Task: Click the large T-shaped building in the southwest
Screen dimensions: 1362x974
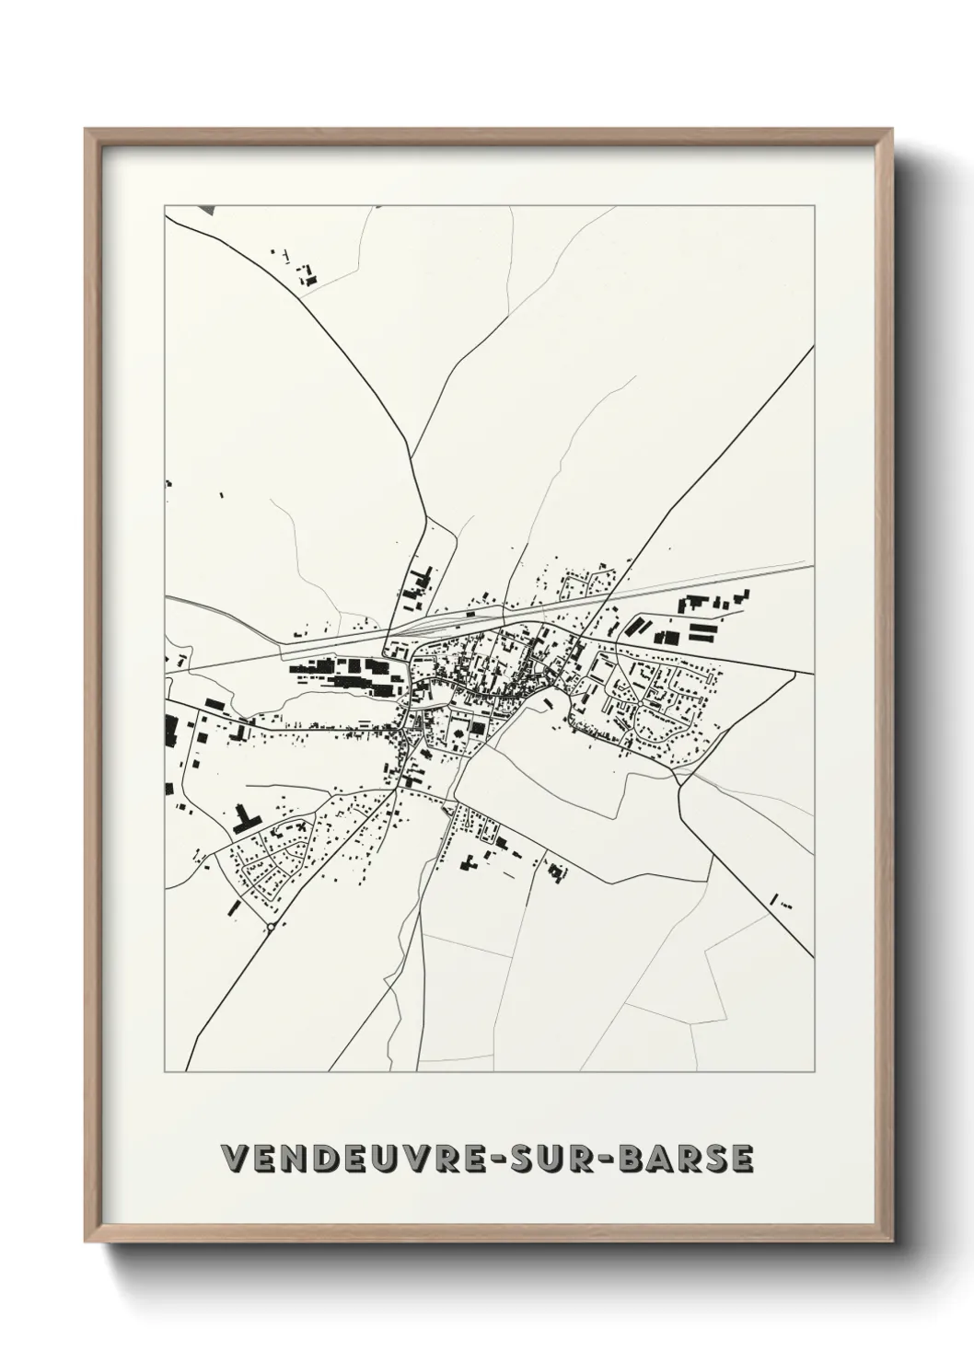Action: click(246, 819)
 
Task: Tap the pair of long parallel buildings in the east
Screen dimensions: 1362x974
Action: click(702, 631)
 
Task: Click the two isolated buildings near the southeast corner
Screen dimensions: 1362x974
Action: click(779, 901)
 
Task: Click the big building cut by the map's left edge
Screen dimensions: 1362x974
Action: click(170, 730)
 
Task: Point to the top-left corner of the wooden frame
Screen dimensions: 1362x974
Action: click(87, 130)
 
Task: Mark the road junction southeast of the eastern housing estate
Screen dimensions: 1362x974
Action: click(679, 784)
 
